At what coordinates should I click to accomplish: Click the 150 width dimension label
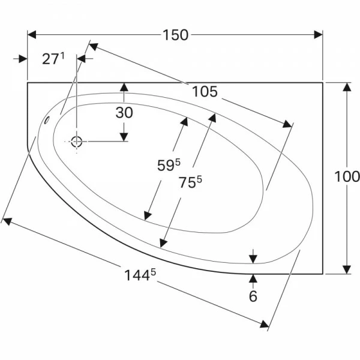point(176,35)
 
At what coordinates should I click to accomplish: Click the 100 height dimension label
point(347,176)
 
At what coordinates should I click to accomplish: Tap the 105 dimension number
point(205,92)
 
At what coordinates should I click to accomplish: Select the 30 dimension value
point(124,113)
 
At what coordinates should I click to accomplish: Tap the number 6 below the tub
point(253,296)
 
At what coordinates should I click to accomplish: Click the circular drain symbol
point(76,142)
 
